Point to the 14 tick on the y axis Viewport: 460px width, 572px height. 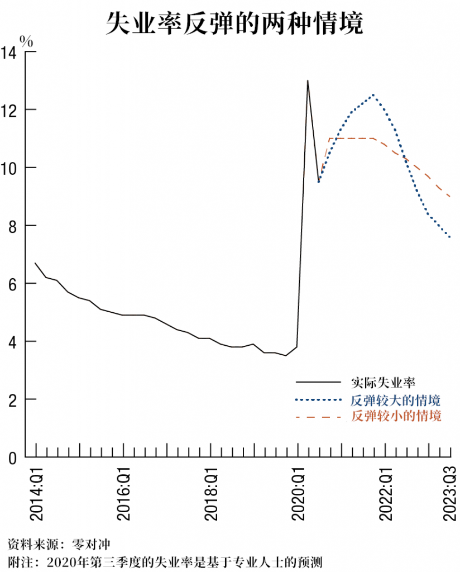11,53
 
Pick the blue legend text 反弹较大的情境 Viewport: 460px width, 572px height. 396,400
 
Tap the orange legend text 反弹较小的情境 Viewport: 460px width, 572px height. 396,416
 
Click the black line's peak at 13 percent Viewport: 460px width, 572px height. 308,81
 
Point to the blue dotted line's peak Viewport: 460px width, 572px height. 373,95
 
